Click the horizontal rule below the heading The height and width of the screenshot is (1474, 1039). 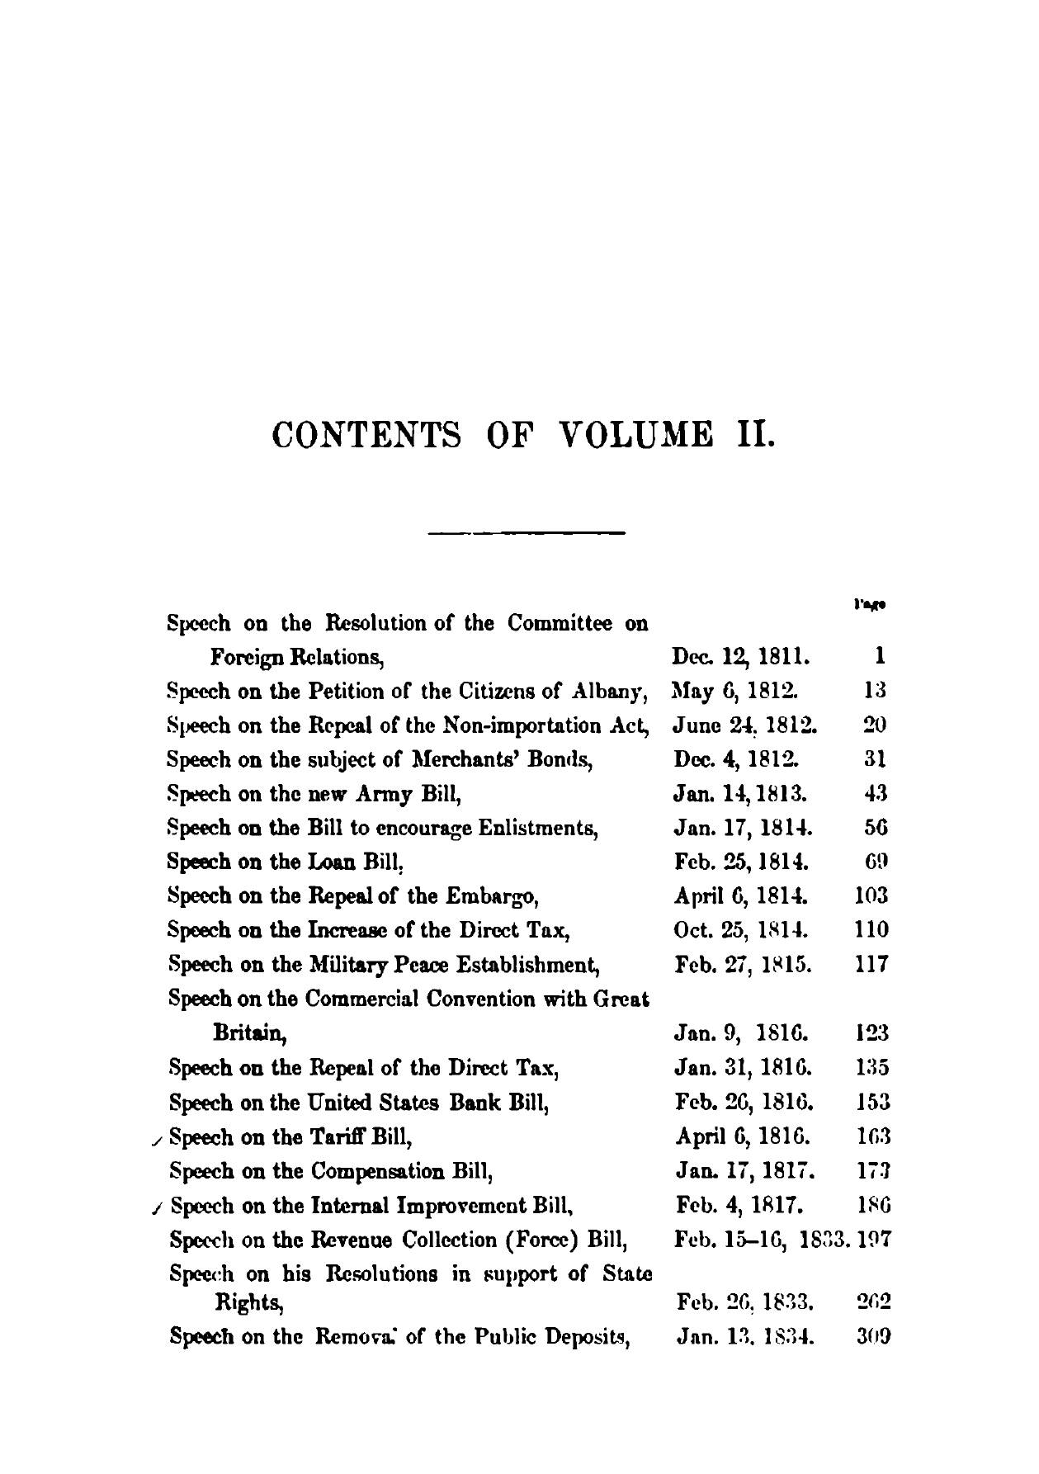(527, 532)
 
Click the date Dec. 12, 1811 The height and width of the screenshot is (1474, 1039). (741, 657)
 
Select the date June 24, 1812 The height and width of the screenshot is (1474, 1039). (744, 725)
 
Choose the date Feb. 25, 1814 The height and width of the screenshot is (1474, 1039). (741, 862)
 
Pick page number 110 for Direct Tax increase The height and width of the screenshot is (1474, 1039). (871, 930)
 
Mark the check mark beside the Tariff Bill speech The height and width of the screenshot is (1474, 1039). (158, 1141)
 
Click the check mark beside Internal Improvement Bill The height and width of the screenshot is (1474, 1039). (158, 1209)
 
